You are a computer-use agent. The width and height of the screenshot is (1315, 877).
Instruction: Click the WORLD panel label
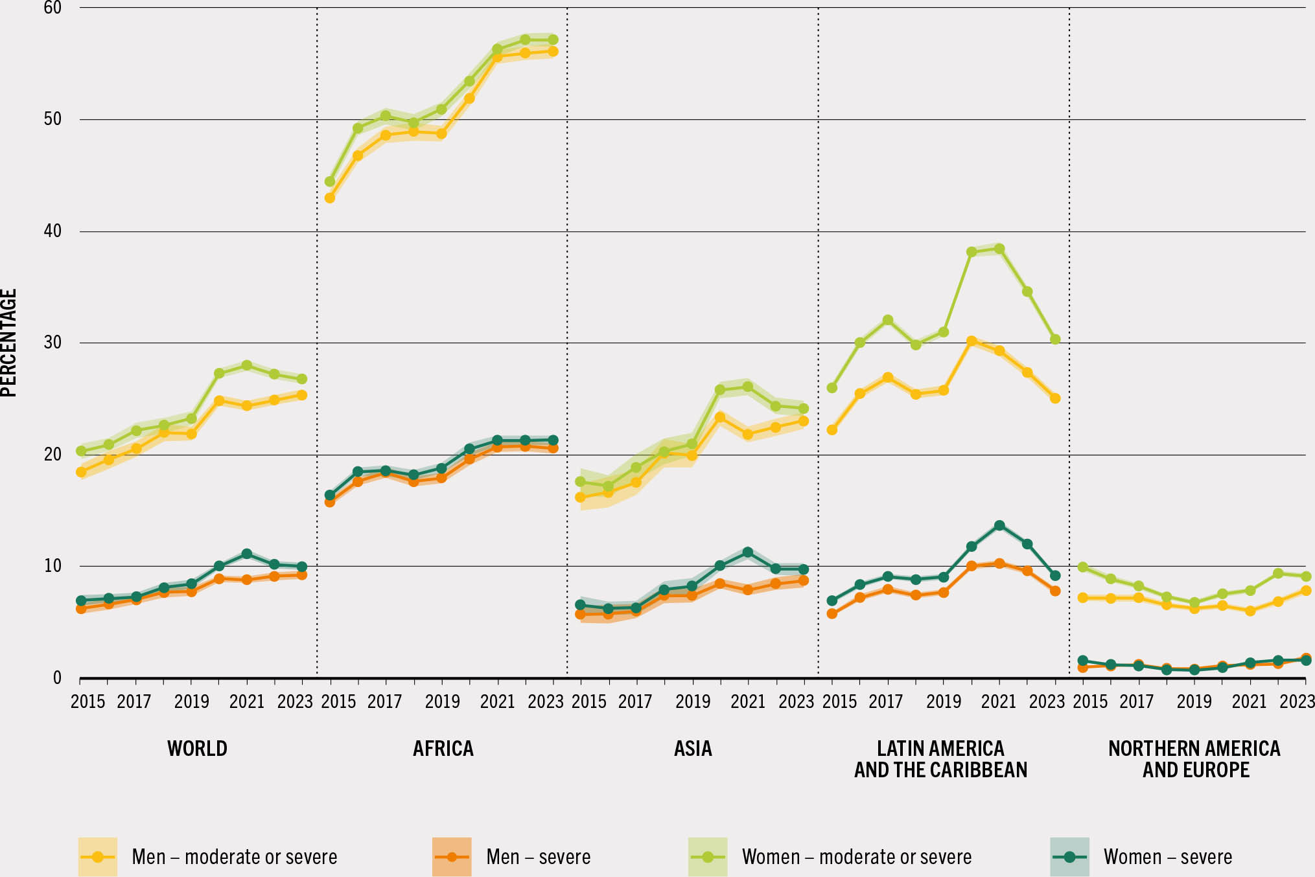click(x=197, y=749)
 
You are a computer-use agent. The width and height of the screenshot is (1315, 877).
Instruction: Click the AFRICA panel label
click(x=443, y=749)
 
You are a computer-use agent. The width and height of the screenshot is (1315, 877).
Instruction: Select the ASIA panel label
click(x=693, y=749)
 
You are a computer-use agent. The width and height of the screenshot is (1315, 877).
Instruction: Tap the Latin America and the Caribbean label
click(x=940, y=759)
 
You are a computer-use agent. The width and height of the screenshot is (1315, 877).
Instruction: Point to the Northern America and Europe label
click(x=1194, y=759)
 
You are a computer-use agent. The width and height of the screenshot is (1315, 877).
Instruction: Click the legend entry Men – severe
click(x=538, y=857)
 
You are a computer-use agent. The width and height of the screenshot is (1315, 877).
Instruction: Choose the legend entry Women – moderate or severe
click(x=856, y=857)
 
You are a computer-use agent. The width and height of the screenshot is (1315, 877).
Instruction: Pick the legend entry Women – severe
click(x=1167, y=857)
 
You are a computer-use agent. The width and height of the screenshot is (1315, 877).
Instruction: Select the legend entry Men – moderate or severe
click(x=234, y=857)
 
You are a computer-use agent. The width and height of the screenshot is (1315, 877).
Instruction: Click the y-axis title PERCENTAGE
click(x=9, y=343)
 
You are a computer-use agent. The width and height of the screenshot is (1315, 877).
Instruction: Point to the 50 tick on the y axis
click(x=52, y=119)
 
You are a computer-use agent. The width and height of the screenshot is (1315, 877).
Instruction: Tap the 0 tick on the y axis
click(x=57, y=678)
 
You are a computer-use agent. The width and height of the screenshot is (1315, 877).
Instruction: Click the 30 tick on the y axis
click(x=52, y=343)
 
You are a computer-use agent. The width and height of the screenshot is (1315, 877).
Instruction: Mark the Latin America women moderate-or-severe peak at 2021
click(x=999, y=249)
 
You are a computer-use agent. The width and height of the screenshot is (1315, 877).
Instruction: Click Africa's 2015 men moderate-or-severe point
click(x=330, y=198)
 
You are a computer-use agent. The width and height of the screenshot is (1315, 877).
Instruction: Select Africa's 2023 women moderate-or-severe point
click(x=553, y=40)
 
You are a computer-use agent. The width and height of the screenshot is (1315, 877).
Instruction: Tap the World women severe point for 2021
click(x=247, y=554)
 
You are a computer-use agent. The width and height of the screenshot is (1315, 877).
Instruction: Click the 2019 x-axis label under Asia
click(x=693, y=701)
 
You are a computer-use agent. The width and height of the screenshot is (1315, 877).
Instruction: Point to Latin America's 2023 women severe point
click(x=1055, y=575)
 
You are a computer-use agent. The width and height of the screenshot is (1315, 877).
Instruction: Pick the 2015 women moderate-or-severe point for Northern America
click(x=1082, y=567)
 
